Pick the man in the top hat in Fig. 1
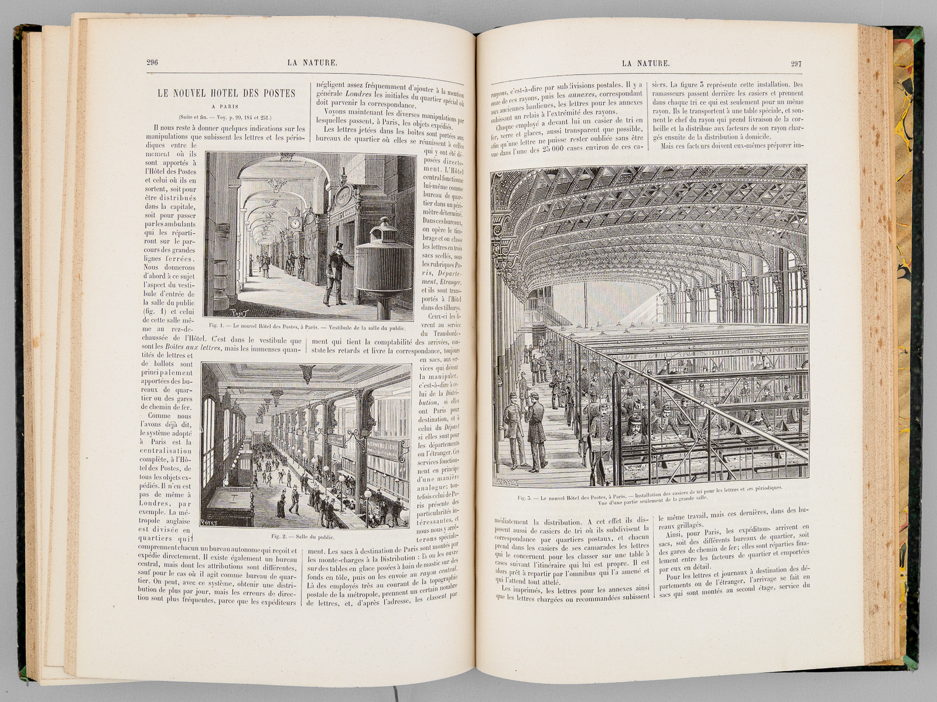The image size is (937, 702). [336, 269]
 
